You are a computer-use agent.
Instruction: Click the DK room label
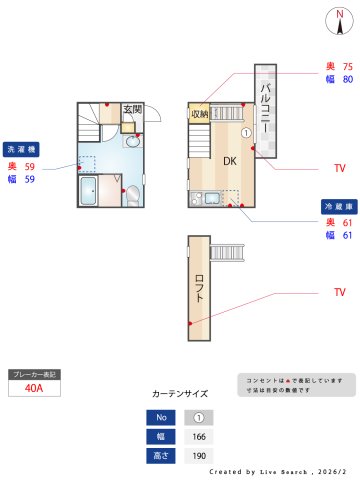pos(229,161)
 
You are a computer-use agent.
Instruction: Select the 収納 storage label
pos(199,113)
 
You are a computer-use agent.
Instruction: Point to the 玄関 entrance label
pos(133,109)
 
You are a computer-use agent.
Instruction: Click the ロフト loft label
pos(199,290)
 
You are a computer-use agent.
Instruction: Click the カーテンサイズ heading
pos(180,394)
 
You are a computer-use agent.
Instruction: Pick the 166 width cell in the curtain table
pos(198,436)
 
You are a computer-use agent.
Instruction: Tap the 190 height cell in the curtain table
pos(198,455)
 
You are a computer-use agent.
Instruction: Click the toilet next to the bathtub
pos(131,195)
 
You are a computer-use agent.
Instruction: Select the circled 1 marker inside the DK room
pos(246,133)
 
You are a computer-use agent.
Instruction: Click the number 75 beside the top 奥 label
pos(347,66)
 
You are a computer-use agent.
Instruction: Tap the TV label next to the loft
pos(340,292)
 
